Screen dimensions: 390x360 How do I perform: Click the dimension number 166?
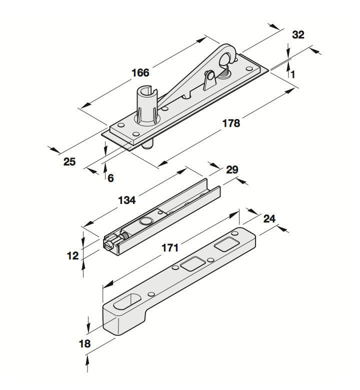[140, 73]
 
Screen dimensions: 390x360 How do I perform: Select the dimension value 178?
[230, 123]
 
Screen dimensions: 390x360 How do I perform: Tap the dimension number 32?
[298, 35]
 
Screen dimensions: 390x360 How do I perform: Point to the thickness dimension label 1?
[292, 74]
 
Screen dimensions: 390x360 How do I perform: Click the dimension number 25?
[69, 161]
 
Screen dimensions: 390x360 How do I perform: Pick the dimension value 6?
[110, 177]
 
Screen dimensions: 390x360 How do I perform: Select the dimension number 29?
[232, 170]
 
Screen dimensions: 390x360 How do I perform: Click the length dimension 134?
[126, 200]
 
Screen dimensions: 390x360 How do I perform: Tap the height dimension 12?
[72, 256]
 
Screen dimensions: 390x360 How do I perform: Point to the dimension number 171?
[170, 247]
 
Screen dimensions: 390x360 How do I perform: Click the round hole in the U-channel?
[146, 221]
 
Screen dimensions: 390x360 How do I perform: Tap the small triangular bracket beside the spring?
[209, 79]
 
